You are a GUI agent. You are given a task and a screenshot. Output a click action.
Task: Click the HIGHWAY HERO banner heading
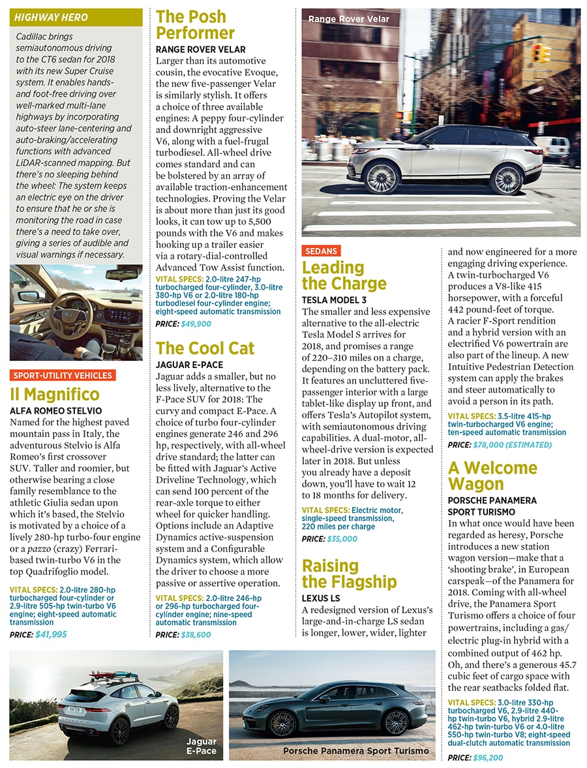click(x=52, y=17)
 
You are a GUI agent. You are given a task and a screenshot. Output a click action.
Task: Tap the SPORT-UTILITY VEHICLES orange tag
click(x=63, y=375)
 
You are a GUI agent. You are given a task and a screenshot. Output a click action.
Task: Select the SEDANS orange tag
click(x=320, y=251)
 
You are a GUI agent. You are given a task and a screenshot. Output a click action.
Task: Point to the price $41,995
click(x=51, y=634)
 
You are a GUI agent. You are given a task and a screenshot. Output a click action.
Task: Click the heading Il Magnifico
click(x=55, y=395)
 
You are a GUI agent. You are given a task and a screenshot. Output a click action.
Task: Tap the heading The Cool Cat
click(x=205, y=348)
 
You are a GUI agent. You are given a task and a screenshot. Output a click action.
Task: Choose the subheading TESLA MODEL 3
click(x=334, y=300)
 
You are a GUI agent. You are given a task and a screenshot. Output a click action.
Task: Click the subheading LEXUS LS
click(x=321, y=598)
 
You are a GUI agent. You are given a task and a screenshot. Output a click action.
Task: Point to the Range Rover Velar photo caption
click(x=348, y=19)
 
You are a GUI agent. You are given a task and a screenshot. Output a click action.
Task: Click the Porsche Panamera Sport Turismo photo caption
click(x=356, y=751)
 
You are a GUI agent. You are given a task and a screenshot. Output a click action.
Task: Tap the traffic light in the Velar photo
click(x=541, y=53)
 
